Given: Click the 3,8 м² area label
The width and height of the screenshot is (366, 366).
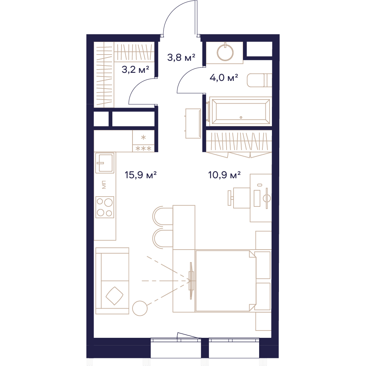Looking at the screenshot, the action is tap(181, 57).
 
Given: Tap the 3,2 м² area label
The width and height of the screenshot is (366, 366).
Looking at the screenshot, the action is tap(135, 69).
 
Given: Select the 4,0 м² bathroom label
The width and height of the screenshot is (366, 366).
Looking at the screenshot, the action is tap(224, 78).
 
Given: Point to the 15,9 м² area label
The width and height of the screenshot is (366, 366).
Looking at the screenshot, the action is tap(141, 175).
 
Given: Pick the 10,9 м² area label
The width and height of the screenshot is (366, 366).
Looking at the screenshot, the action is tap(224, 175).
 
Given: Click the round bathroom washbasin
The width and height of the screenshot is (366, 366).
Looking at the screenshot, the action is tap(225, 52).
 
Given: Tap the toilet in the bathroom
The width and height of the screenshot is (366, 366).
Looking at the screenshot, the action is tap(259, 80).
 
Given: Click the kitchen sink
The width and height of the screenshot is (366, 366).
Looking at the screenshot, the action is tap(105, 163).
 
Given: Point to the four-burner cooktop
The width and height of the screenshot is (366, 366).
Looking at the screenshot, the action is tap(105, 207).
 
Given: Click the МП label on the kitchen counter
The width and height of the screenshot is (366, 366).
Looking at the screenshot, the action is tap(104, 184).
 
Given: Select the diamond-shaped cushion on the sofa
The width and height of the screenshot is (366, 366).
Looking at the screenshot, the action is tap(114, 295).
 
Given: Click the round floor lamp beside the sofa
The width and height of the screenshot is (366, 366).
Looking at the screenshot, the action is tap(140, 308).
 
